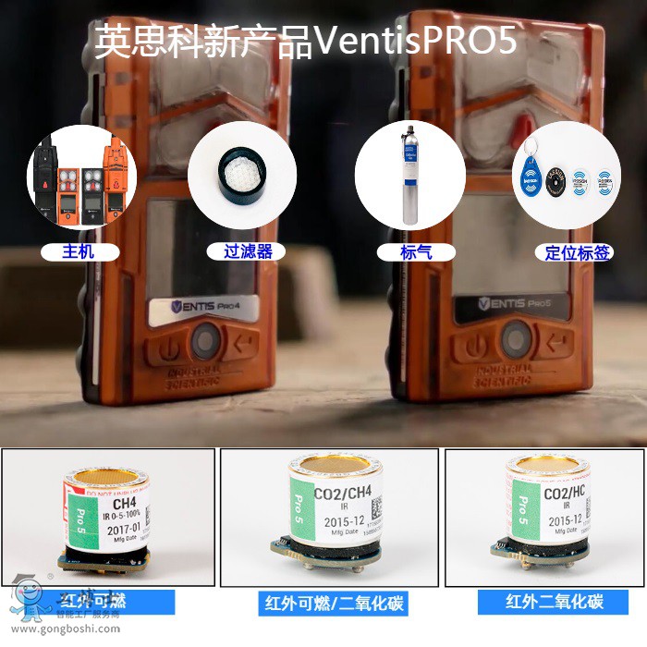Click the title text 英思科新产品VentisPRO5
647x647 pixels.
click(x=305, y=42)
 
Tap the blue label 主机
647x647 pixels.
click(x=78, y=250)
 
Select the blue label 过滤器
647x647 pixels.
click(x=241, y=250)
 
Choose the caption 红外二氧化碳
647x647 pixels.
click(x=554, y=602)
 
